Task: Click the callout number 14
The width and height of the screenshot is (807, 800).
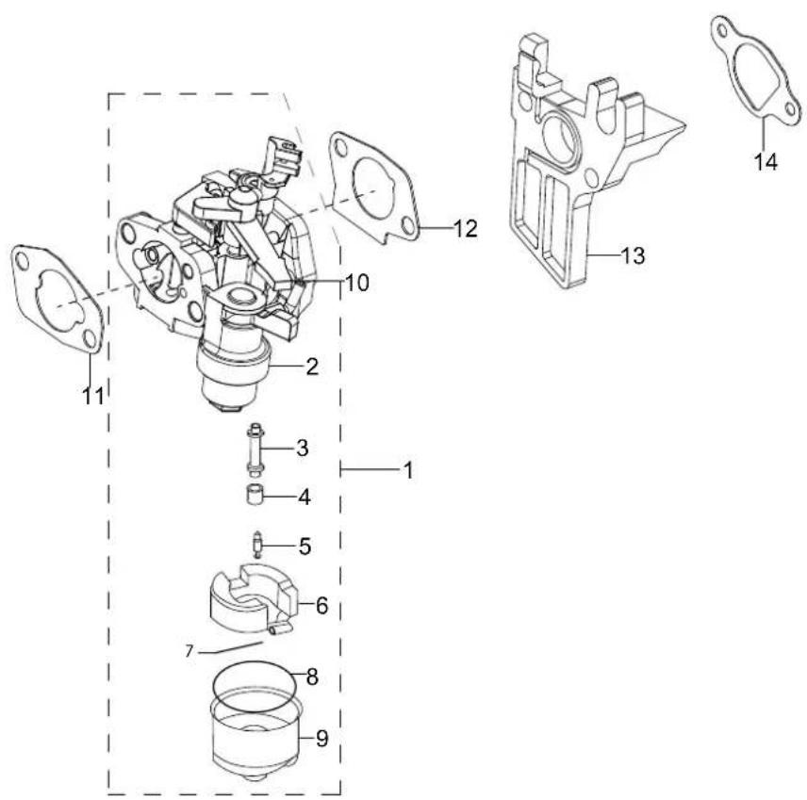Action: pos(766,162)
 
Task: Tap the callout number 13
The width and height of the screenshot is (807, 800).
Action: pos(633,255)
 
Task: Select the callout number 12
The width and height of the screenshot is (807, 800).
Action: pos(466,228)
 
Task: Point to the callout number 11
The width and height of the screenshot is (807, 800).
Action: pos(92,396)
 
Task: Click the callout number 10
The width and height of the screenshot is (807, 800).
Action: pos(357,283)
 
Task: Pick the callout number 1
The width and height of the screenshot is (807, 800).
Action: pos(408,470)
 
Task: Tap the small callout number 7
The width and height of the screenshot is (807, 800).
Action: pos(189,652)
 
